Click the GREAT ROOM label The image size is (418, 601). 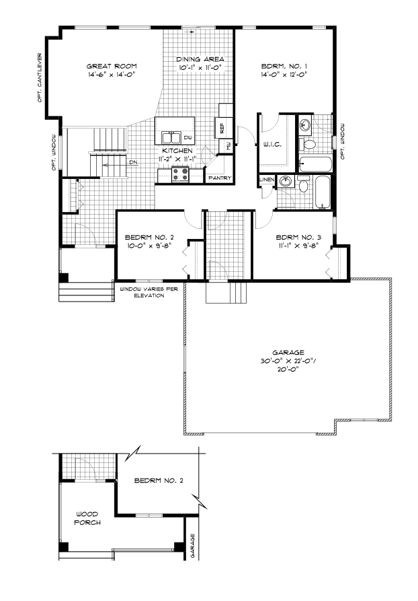(112, 66)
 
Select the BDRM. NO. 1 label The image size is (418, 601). (284, 66)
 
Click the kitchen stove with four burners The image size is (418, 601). (180, 175)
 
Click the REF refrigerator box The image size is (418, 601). (222, 127)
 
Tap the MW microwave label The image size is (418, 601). (228, 145)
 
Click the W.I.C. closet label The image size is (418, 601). (271, 145)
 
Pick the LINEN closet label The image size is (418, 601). (267, 180)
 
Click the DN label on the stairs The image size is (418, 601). (133, 162)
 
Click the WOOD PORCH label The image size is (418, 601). (87, 518)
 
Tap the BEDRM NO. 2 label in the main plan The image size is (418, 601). (149, 238)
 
